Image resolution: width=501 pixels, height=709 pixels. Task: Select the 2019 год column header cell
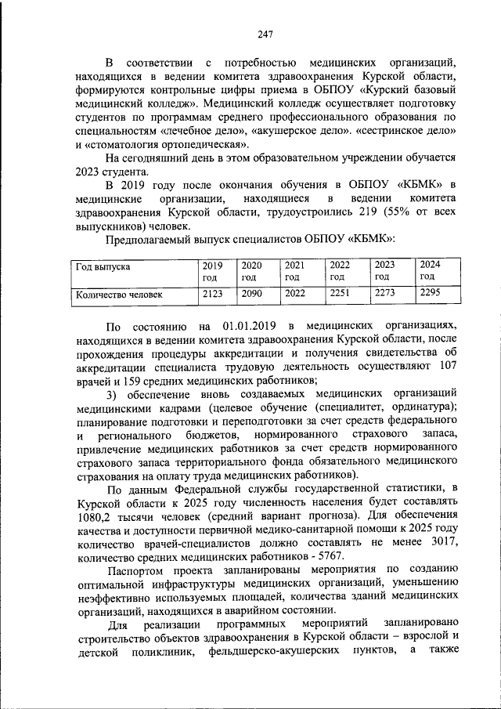click(213, 270)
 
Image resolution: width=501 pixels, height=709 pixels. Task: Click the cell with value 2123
click(213, 295)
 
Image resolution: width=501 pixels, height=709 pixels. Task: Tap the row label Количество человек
click(118, 295)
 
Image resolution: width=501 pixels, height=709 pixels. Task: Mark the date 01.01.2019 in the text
click(250, 325)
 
